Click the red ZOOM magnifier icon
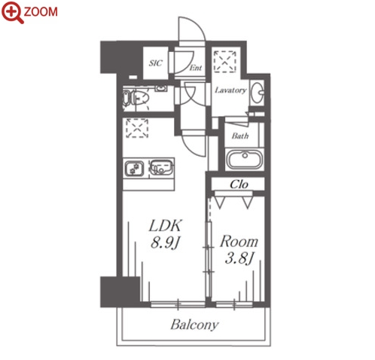[12, 13]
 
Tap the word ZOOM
[41, 12]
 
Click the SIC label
[156, 63]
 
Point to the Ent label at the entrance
[196, 68]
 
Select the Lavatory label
[230, 90]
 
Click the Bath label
[240, 136]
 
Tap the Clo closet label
[239, 185]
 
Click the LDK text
[165, 226]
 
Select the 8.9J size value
[165, 243]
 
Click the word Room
[239, 241]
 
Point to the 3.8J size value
[238, 258]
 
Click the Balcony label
[194, 325]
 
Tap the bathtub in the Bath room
[245, 159]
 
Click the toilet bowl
[140, 98]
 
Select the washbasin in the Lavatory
[258, 93]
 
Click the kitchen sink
[162, 167]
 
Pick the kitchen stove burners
[134, 168]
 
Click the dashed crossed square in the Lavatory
[224, 61]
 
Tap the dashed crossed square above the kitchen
[137, 128]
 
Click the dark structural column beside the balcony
[120, 291]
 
